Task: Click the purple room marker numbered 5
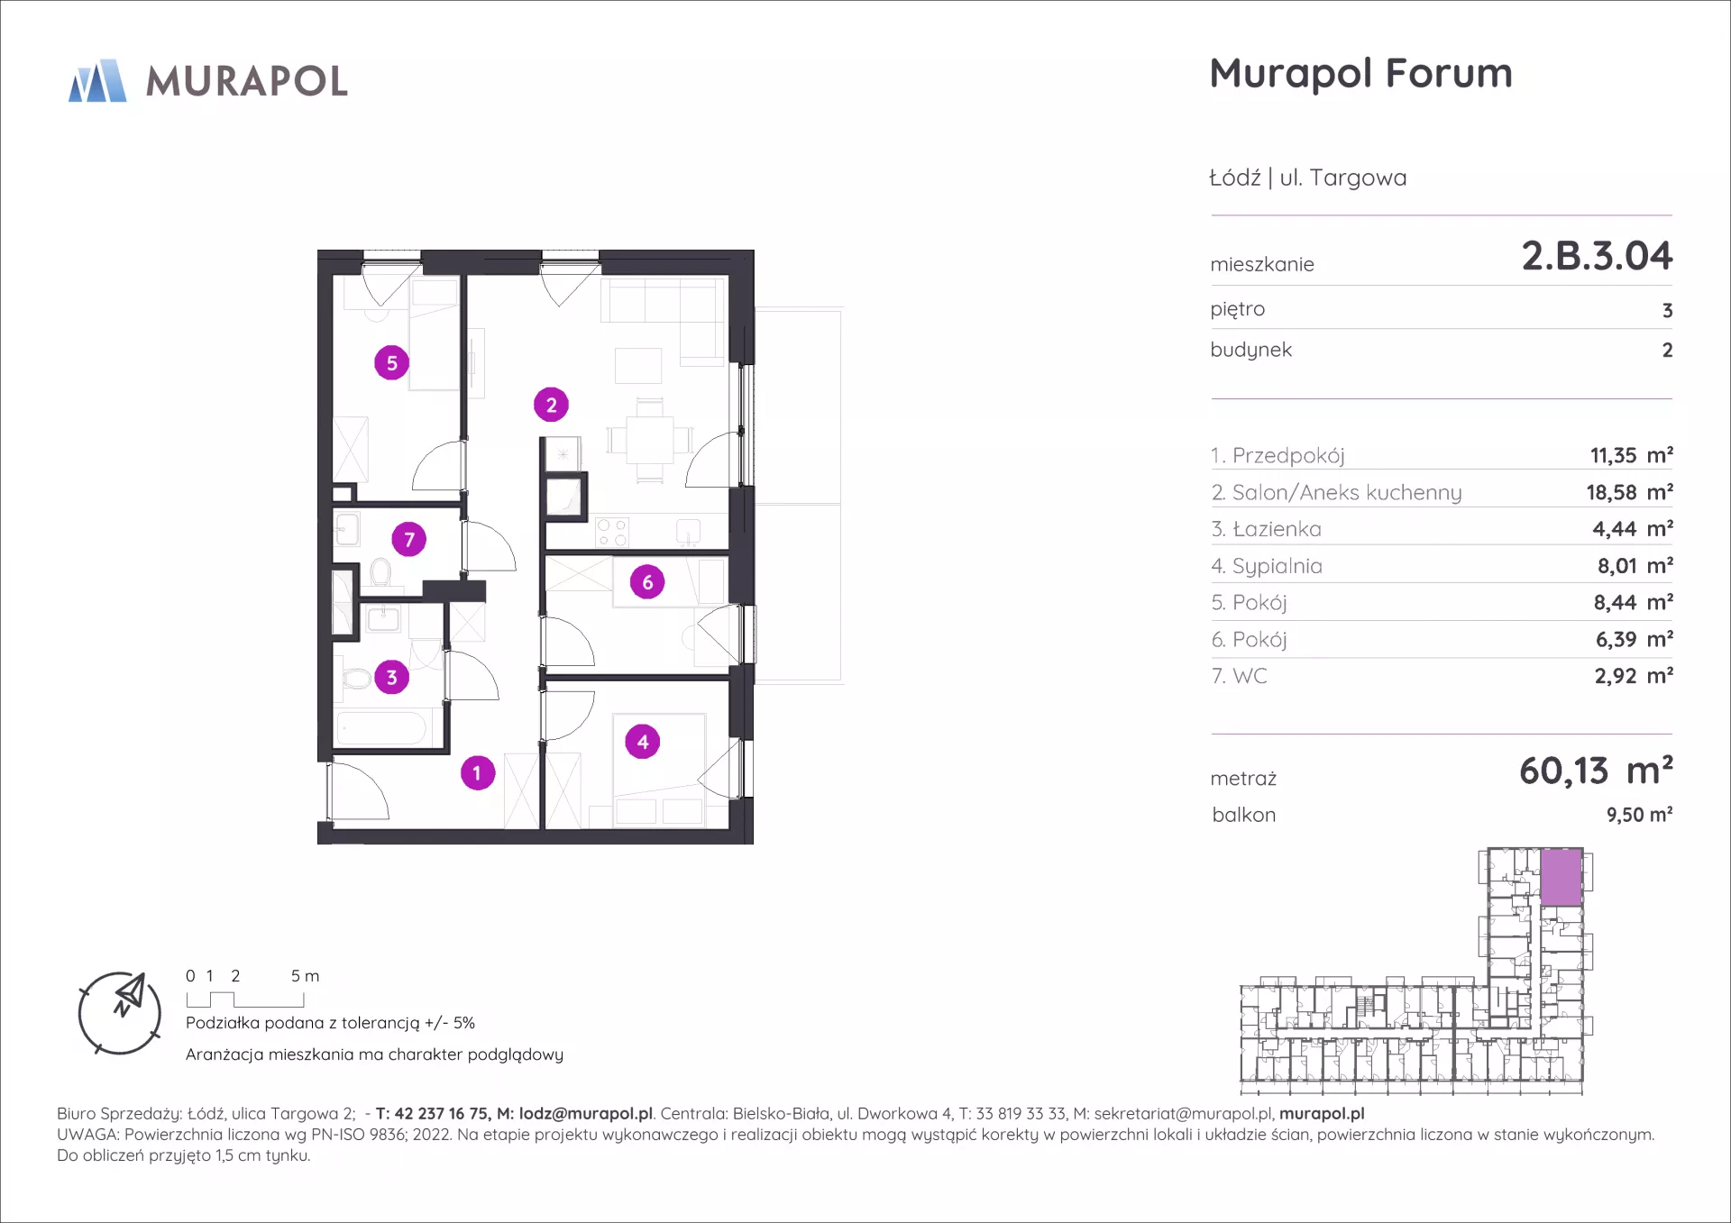pyautogui.click(x=391, y=362)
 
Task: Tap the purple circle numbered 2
pyautogui.click(x=551, y=405)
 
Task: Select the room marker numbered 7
pyautogui.click(x=408, y=539)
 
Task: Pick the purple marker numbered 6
pyautogui.click(x=647, y=582)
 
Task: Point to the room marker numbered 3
pyautogui.click(x=391, y=677)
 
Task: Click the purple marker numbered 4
pyautogui.click(x=643, y=742)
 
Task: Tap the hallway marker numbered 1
pyautogui.click(x=478, y=772)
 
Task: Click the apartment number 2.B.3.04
pyautogui.click(x=1597, y=256)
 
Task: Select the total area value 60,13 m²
pyautogui.click(x=1596, y=771)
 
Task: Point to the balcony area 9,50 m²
pyautogui.click(x=1639, y=815)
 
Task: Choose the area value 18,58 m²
pyautogui.click(x=1630, y=492)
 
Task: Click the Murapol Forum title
pyautogui.click(x=1360, y=74)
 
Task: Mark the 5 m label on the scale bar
pyautogui.click(x=305, y=976)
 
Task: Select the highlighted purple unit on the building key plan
pyautogui.click(x=1562, y=877)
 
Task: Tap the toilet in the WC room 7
pyautogui.click(x=380, y=572)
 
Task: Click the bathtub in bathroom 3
pyautogui.click(x=381, y=728)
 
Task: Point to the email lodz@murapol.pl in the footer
pyautogui.click(x=586, y=1114)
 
